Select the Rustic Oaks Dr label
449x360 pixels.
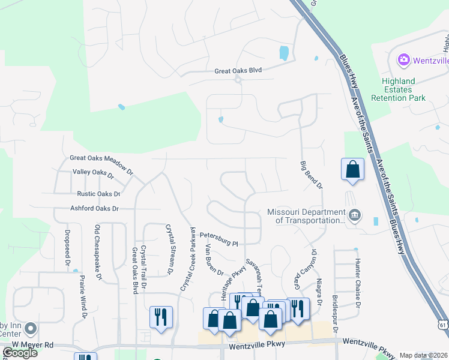[98, 194]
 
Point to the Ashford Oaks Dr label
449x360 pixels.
[94, 209]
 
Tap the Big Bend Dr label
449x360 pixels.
[310, 175]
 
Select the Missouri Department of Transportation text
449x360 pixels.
[306, 217]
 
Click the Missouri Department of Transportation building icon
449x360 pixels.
[355, 215]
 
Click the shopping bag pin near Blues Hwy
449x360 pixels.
[352, 169]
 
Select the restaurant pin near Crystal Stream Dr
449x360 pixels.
[161, 317]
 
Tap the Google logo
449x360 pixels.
[20, 353]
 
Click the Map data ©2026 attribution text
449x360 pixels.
[423, 355]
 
